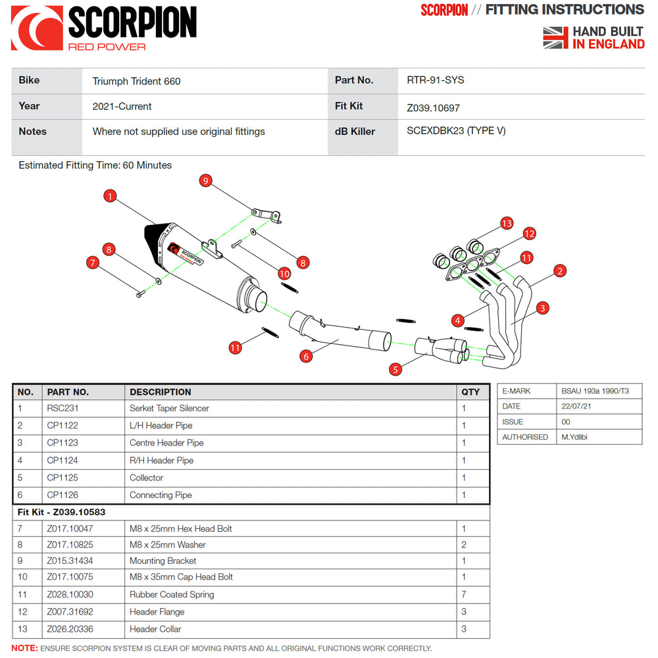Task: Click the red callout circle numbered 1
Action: pyautogui.click(x=110, y=195)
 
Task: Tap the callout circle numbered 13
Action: pyautogui.click(x=506, y=223)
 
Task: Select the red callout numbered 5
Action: pyautogui.click(x=395, y=369)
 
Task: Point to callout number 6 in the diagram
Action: pyautogui.click(x=305, y=356)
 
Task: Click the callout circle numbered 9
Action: pyautogui.click(x=205, y=180)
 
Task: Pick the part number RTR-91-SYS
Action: pyautogui.click(x=436, y=80)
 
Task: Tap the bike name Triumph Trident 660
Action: pyautogui.click(x=136, y=81)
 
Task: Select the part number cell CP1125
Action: pyautogui.click(x=63, y=478)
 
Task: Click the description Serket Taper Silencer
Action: pyautogui.click(x=169, y=408)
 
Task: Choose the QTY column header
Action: pyautogui.click(x=470, y=392)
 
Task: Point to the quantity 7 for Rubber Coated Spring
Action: pyautogui.click(x=464, y=594)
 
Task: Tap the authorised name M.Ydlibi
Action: pyautogui.click(x=574, y=437)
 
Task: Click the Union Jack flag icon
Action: pyautogui.click(x=555, y=38)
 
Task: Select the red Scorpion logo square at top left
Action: pyautogui.click(x=37, y=28)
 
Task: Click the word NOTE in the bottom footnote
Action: pyautogui.click(x=24, y=648)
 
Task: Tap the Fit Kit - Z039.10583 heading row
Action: pyautogui.click(x=61, y=512)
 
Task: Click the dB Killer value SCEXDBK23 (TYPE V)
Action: pyautogui.click(x=456, y=130)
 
